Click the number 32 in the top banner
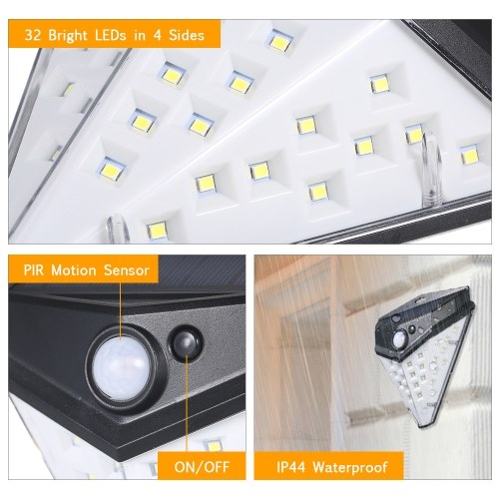pyautogui.click(x=33, y=35)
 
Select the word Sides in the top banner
pyautogui.click(x=187, y=35)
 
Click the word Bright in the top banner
pyautogui.click(x=68, y=35)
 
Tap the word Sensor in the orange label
pyautogui.click(x=127, y=269)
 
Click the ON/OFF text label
pyautogui.click(x=202, y=467)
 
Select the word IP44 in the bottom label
pyautogui.click(x=290, y=467)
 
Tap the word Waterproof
pyautogui.click(x=350, y=468)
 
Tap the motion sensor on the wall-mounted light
pyautogui.click(x=398, y=339)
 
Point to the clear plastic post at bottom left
pyautogui.click(x=117, y=229)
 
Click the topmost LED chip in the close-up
pyautogui.click(x=279, y=41)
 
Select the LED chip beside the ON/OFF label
pyautogui.click(x=213, y=445)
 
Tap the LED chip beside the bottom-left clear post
pyautogui.click(x=158, y=230)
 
